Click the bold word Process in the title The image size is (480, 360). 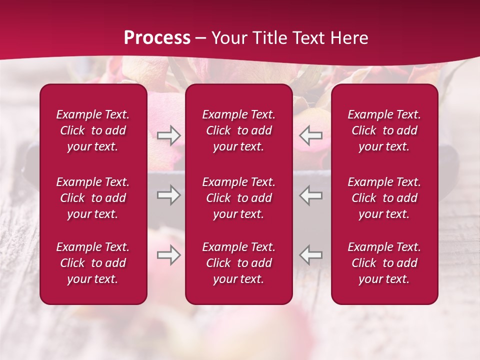tap(157, 38)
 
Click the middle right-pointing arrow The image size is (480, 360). tap(169, 195)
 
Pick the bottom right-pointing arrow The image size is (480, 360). tap(169, 255)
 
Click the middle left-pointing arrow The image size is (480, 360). tap(310, 195)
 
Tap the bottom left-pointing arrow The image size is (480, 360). tap(310, 255)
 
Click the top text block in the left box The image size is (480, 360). tap(93, 130)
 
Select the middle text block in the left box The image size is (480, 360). tap(93, 198)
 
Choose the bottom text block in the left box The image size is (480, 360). tap(93, 263)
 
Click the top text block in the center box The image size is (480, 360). tap(239, 130)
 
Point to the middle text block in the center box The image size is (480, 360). tap(239, 198)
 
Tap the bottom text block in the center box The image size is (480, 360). tap(239, 263)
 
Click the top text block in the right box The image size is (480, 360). tap(384, 130)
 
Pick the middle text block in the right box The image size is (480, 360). tap(384, 198)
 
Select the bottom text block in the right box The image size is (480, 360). tap(384, 263)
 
